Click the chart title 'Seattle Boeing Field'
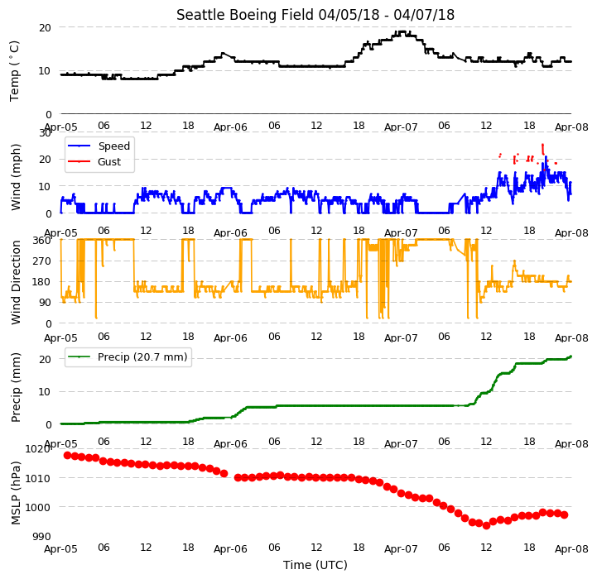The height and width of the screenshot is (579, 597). point(246,15)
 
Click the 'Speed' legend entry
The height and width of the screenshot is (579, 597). point(113,146)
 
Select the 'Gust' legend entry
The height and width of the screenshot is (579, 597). point(109,161)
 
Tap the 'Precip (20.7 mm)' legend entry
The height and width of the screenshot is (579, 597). point(142,357)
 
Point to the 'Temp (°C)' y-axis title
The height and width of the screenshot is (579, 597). point(14,71)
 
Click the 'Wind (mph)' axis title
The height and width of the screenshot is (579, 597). point(16,177)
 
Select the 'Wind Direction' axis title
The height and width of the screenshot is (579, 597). point(16,282)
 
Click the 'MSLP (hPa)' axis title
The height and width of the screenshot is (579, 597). point(16,493)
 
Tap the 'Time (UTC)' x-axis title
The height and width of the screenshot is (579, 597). point(315,565)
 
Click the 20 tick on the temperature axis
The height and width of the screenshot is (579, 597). point(45,28)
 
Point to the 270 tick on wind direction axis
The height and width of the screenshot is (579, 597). point(42,261)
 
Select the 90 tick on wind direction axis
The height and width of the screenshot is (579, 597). point(45,303)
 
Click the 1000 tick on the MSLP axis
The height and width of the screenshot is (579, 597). point(38,507)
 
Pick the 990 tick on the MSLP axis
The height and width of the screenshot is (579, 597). point(42,536)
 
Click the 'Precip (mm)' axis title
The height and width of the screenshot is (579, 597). point(16,388)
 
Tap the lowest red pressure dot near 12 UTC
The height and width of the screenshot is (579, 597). point(486,525)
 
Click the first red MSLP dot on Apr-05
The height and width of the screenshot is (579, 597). point(67,455)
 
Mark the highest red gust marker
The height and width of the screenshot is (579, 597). point(542,145)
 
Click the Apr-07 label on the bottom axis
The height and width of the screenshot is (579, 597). point(401,549)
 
